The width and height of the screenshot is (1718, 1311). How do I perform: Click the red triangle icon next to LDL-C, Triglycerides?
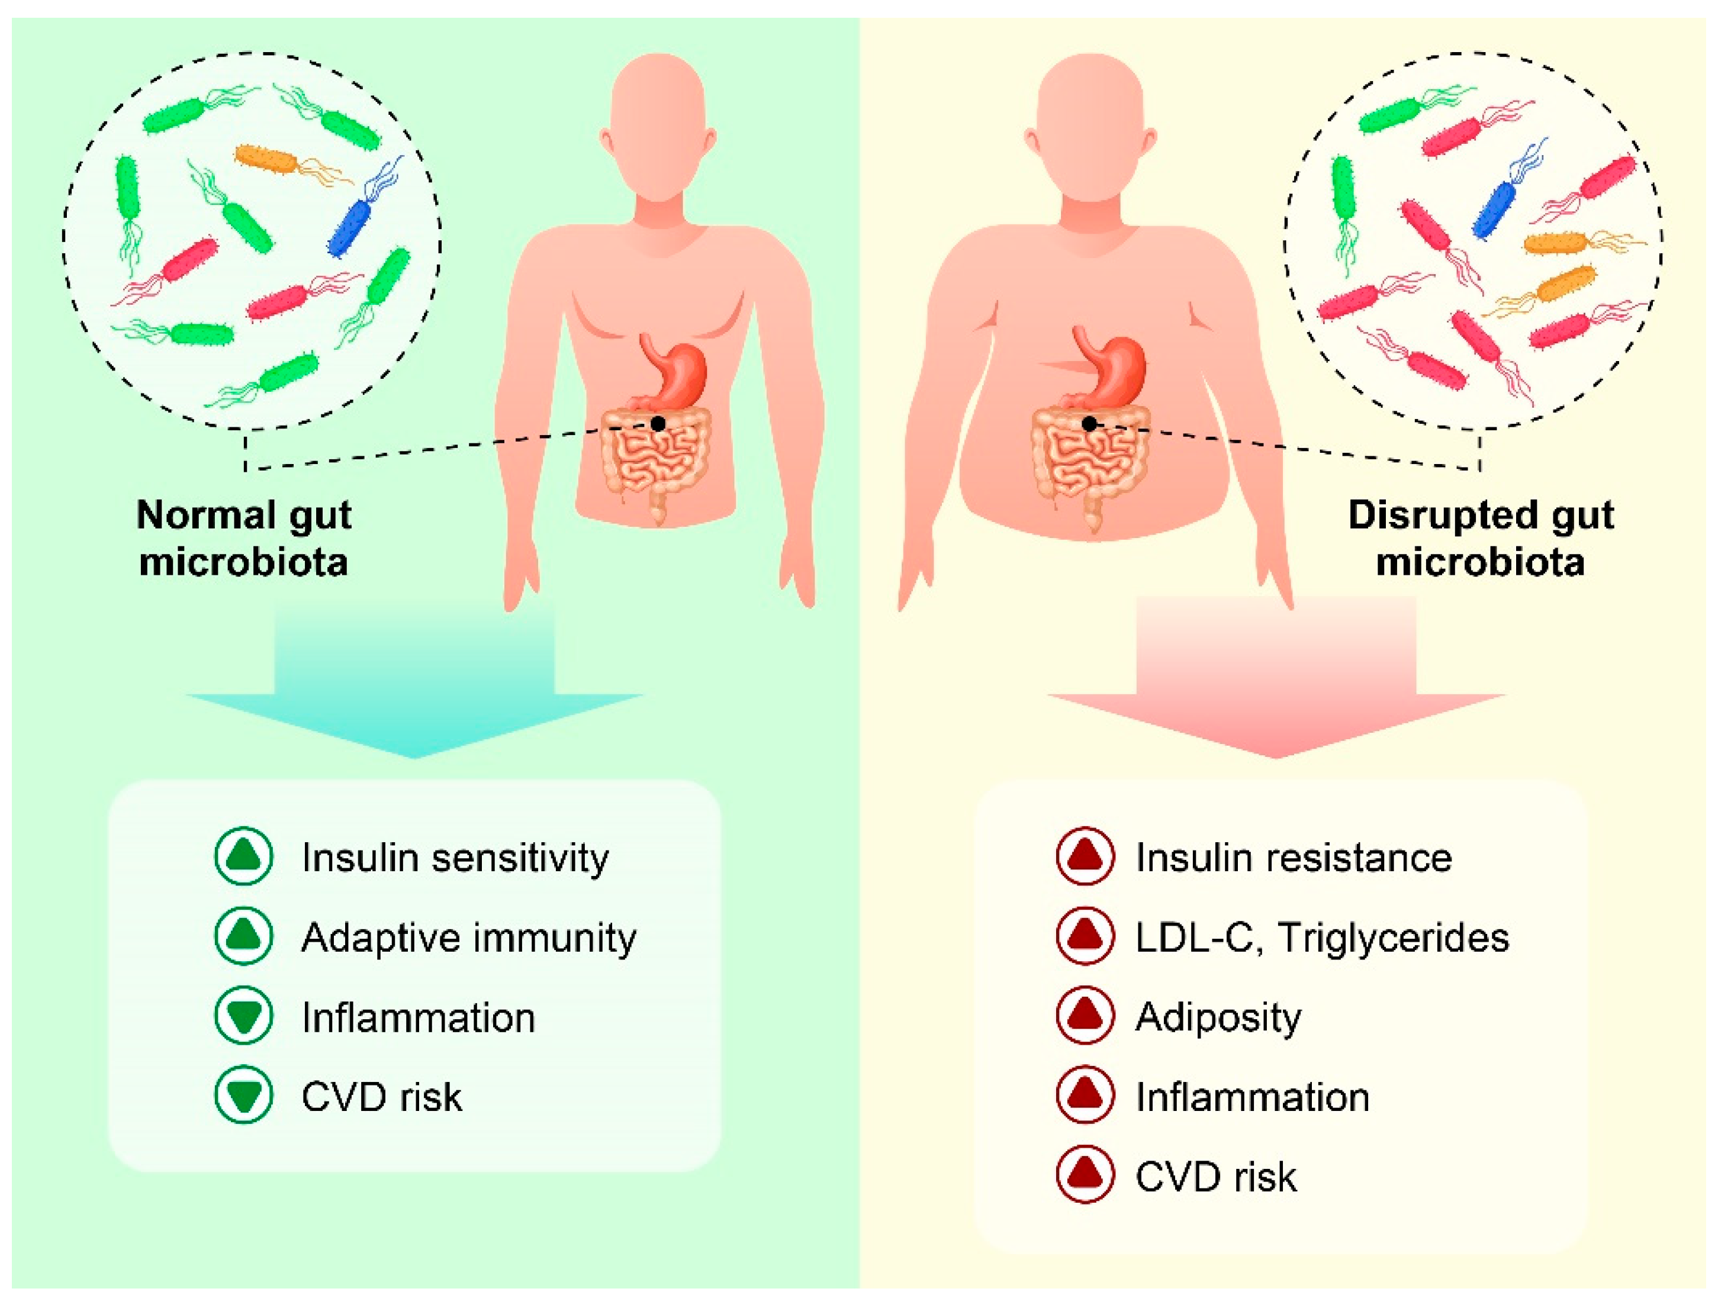1084,936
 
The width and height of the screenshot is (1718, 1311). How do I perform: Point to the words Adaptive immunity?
468,937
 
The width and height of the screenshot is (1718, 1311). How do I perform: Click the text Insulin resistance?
1294,857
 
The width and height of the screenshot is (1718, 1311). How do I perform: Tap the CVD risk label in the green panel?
382,1096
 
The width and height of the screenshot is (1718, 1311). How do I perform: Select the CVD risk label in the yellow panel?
1215,1177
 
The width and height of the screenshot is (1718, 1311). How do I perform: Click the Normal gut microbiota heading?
243,539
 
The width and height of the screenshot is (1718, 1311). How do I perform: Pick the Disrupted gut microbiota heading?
1480,539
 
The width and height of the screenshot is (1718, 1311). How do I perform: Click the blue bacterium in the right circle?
1495,208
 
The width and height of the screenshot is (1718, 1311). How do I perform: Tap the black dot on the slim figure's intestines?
658,424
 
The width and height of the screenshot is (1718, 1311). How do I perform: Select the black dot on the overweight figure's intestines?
1089,424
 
